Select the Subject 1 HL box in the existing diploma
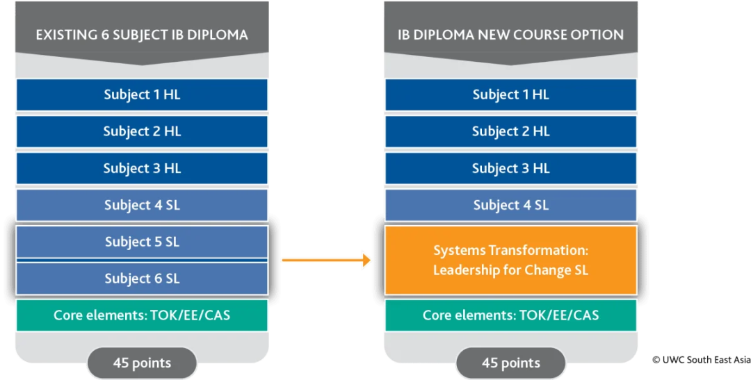click(x=142, y=94)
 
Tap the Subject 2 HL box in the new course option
click(x=510, y=131)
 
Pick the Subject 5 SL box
click(x=142, y=242)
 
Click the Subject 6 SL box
click(x=142, y=279)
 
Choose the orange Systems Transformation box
click(x=510, y=261)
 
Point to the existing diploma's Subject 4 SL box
click(x=142, y=205)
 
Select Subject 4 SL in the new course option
click(x=510, y=205)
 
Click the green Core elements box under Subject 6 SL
click(x=142, y=315)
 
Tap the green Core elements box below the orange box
click(x=510, y=315)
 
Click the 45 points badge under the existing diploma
click(x=142, y=363)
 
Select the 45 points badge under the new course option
click(x=510, y=363)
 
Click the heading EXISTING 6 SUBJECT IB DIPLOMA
click(x=142, y=35)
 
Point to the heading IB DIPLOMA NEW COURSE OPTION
click(x=510, y=35)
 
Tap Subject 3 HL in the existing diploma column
click(x=142, y=168)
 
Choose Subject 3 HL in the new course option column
click(x=510, y=168)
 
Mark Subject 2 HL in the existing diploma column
click(x=142, y=131)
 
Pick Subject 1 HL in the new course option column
click(x=510, y=94)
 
